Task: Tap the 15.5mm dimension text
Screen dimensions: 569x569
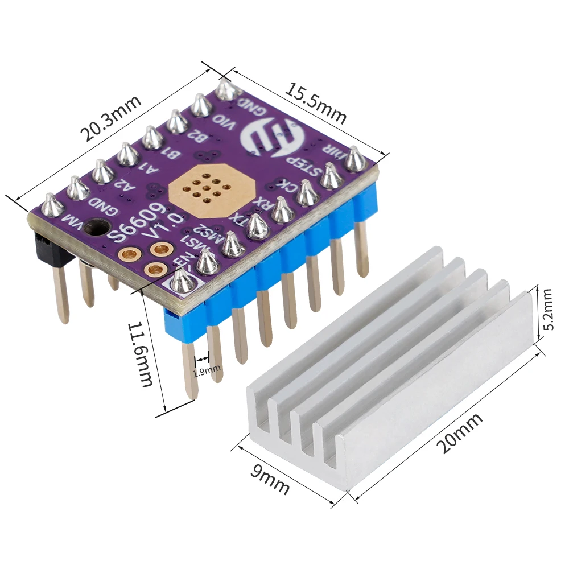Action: coord(315,104)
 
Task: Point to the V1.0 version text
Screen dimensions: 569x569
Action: coord(165,225)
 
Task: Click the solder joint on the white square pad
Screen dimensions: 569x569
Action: coord(182,281)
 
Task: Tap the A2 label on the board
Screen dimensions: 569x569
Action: coord(121,185)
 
